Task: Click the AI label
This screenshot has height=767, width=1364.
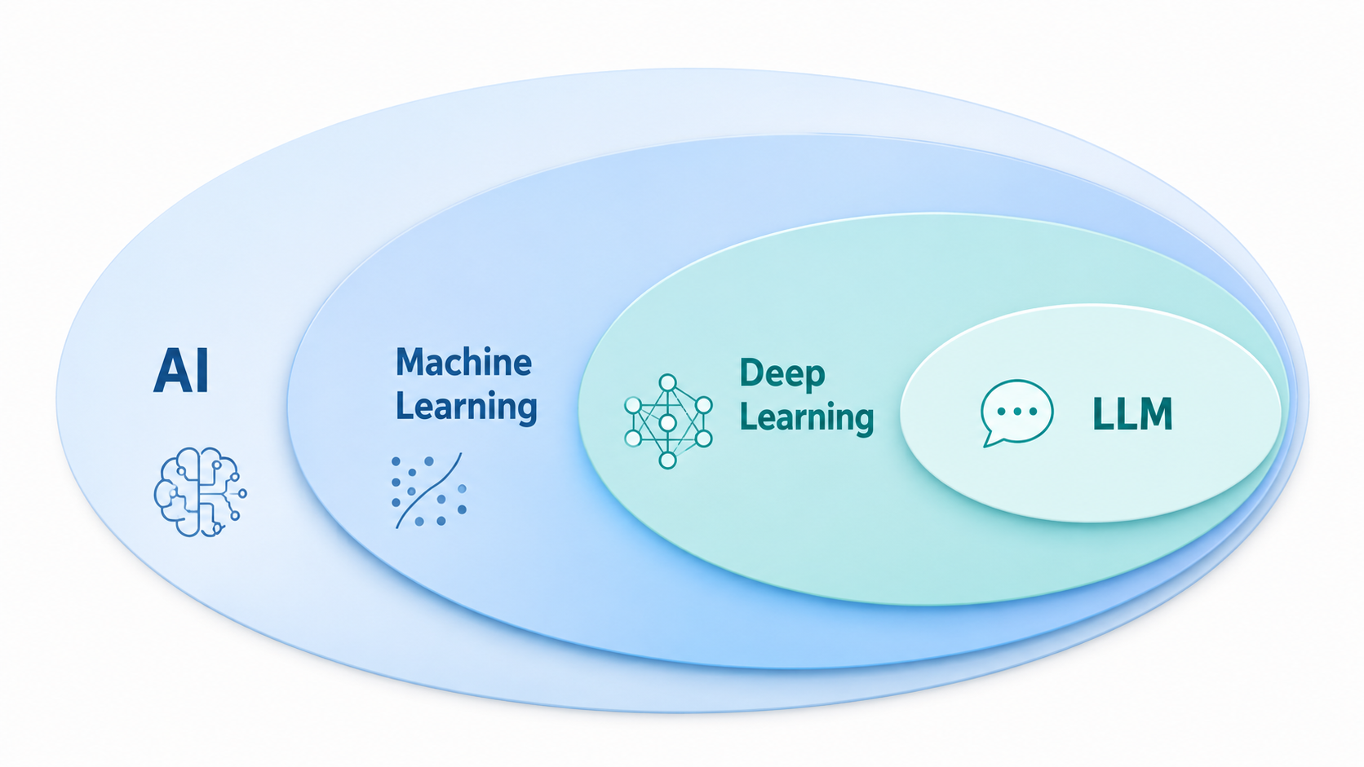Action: click(181, 370)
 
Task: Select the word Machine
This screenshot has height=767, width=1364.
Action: click(463, 362)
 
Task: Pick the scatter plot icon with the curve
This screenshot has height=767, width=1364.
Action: click(428, 490)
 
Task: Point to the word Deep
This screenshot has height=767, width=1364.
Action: click(782, 373)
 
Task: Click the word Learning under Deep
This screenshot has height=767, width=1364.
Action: click(807, 417)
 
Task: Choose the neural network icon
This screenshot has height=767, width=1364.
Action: click(668, 421)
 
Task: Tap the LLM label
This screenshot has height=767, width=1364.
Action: click(1132, 413)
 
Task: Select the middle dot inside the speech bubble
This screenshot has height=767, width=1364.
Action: click(1017, 411)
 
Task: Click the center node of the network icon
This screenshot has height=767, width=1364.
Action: click(668, 422)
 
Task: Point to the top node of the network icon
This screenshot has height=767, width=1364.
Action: click(668, 382)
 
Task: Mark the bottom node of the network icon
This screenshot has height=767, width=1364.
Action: click(668, 460)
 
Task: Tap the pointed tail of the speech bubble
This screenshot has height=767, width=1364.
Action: click(985, 446)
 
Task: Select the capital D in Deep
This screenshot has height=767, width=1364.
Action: click(751, 372)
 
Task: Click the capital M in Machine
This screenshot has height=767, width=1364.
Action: click(410, 362)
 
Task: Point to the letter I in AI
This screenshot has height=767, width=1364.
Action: click(204, 370)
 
